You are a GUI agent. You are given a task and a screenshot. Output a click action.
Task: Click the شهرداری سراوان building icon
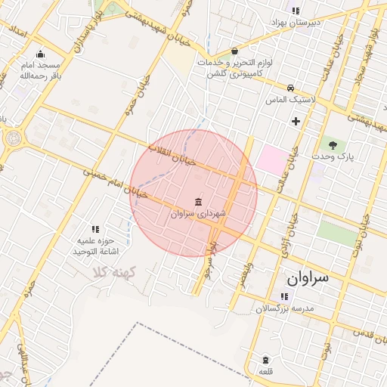(198, 202)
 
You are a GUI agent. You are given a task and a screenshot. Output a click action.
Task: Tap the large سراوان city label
(308, 277)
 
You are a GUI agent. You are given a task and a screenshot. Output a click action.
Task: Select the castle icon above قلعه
(265, 360)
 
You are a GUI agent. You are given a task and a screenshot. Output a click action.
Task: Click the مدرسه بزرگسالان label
(283, 308)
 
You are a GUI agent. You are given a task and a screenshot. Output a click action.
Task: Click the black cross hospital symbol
(296, 121)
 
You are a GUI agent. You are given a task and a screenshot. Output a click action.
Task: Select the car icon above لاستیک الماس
(291, 88)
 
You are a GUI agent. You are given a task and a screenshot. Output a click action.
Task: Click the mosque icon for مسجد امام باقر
(40, 54)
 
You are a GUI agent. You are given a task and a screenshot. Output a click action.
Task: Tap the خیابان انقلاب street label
(173, 154)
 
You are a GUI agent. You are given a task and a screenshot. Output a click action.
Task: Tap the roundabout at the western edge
(13, 138)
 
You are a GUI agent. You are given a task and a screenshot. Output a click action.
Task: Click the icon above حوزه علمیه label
(95, 229)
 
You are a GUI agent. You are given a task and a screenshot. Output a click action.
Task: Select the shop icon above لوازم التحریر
(234, 51)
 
